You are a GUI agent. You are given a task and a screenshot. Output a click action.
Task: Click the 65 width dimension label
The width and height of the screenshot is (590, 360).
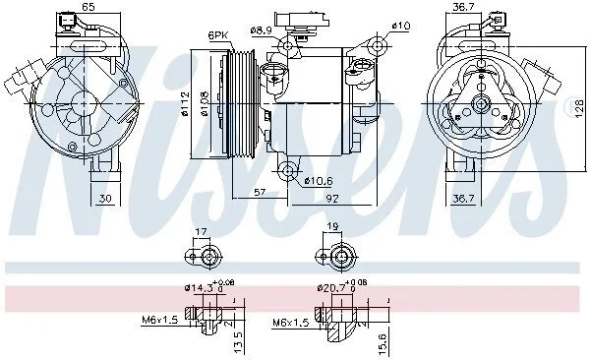[x=88, y=7]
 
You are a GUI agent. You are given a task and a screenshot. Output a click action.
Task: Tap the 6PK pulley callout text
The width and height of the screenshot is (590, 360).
[x=218, y=35]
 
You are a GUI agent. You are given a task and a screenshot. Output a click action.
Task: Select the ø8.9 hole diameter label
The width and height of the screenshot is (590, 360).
[x=261, y=30]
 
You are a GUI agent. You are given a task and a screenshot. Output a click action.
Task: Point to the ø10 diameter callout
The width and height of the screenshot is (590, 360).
[x=401, y=26]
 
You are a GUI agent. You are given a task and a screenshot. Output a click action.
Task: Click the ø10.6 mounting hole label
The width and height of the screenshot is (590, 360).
[x=319, y=181]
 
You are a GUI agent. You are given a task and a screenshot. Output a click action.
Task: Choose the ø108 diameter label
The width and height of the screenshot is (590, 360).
[x=205, y=104]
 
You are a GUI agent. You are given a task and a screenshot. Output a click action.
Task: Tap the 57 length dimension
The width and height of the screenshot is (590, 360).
[x=260, y=193]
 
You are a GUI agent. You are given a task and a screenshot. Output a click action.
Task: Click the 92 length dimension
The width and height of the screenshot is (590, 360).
[x=332, y=198]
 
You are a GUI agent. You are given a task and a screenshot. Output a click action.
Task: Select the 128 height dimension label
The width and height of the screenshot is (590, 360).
[x=580, y=108]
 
